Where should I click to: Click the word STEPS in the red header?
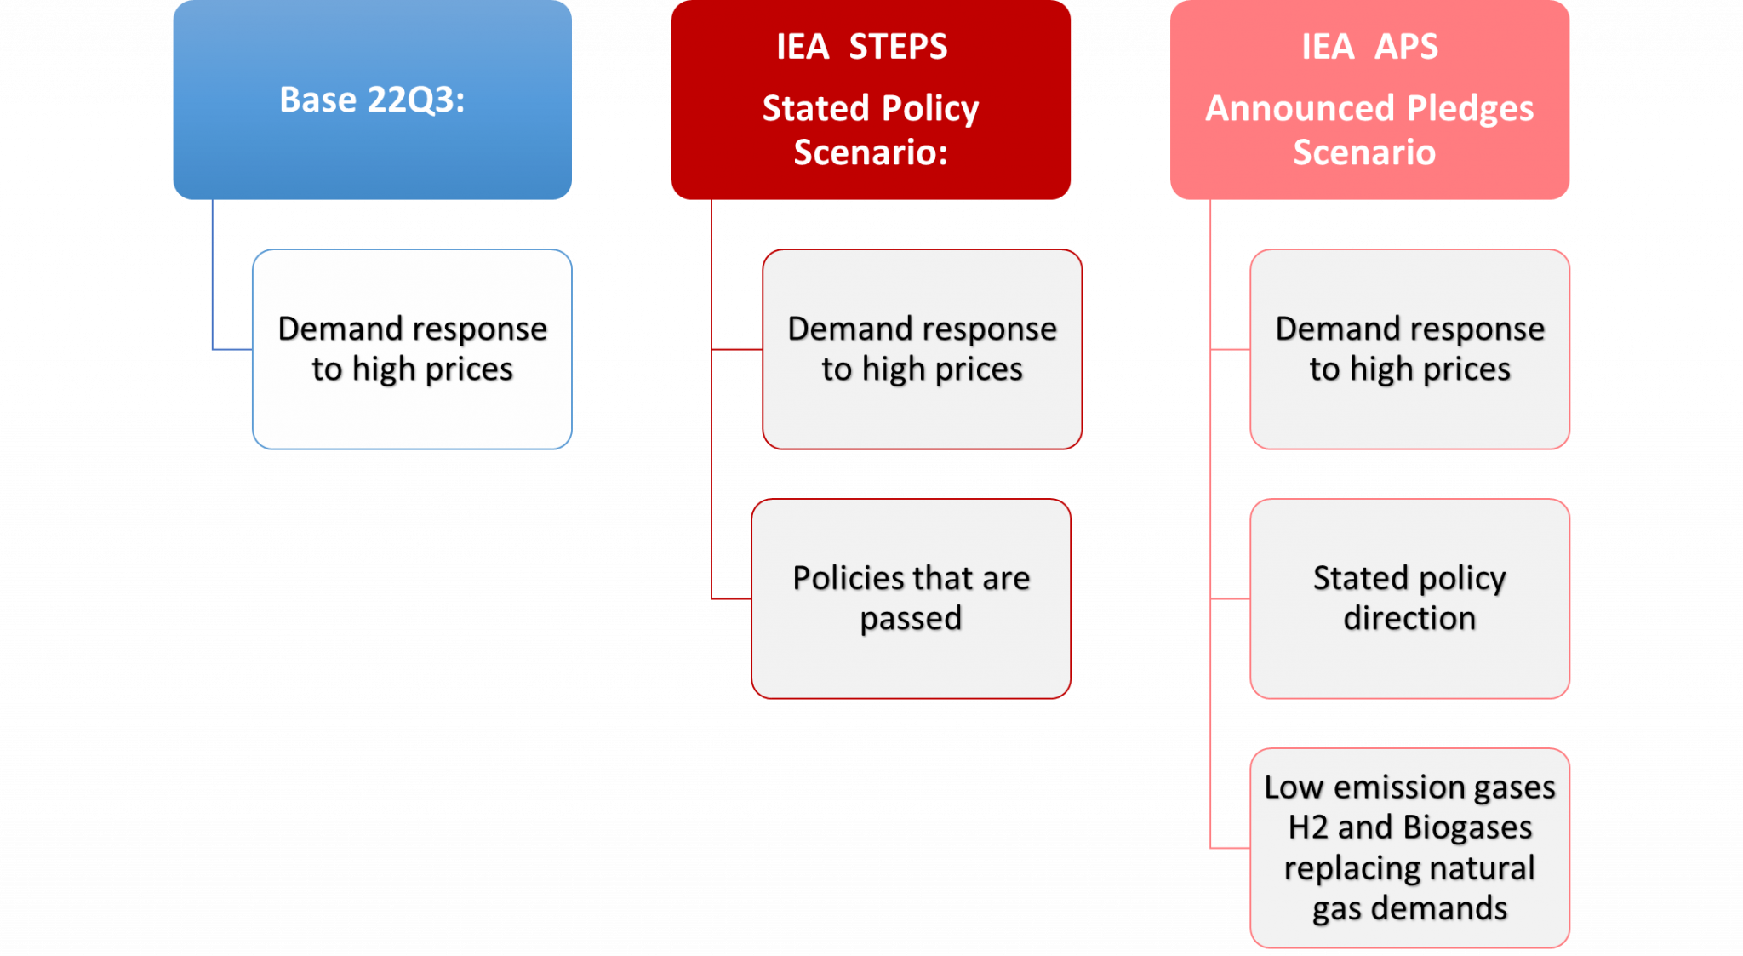point(898,47)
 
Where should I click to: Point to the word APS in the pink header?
point(1406,47)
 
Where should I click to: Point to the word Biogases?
point(1467,827)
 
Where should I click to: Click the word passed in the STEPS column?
point(911,619)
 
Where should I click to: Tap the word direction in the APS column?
point(1409,619)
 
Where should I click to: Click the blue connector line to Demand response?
point(231,348)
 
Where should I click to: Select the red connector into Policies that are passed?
point(731,598)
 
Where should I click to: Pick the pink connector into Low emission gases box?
point(1230,848)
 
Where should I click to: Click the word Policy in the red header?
point(930,109)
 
